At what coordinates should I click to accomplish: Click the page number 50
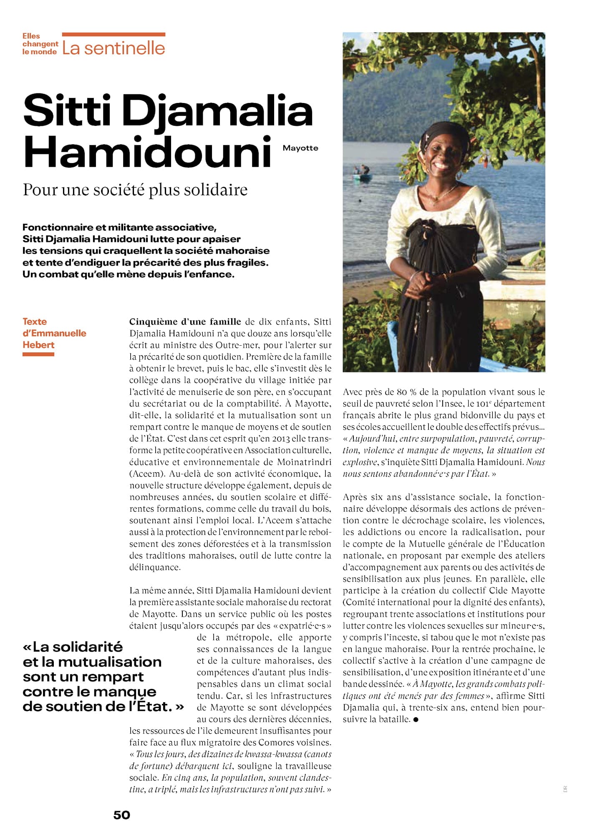[121, 815]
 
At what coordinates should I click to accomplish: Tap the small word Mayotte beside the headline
[300, 148]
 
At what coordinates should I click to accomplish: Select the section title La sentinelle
[113, 48]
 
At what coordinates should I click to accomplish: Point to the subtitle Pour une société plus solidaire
[135, 190]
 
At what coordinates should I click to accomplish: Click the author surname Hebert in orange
[38, 345]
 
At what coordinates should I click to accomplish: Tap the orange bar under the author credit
[38, 354]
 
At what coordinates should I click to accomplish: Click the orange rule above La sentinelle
[113, 35]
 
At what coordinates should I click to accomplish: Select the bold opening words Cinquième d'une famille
[185, 322]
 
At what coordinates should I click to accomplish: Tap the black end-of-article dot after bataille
[416, 719]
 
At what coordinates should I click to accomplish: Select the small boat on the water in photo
[361, 176]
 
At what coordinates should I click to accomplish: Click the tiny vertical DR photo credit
[565, 789]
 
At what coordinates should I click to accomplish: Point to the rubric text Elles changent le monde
[40, 44]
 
